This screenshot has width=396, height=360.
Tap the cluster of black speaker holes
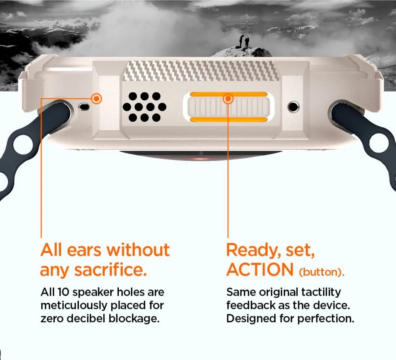[x=144, y=107]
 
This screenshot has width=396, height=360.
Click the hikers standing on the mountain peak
[x=244, y=41]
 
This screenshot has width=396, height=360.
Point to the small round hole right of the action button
[x=293, y=106]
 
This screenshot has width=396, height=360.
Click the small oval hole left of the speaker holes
[x=84, y=106]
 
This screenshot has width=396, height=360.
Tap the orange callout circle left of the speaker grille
[x=96, y=99]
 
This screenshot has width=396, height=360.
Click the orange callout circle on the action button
[x=228, y=99]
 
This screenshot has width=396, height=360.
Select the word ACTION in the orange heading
[x=260, y=270]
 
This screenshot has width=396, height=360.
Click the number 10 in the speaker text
[x=63, y=292]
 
